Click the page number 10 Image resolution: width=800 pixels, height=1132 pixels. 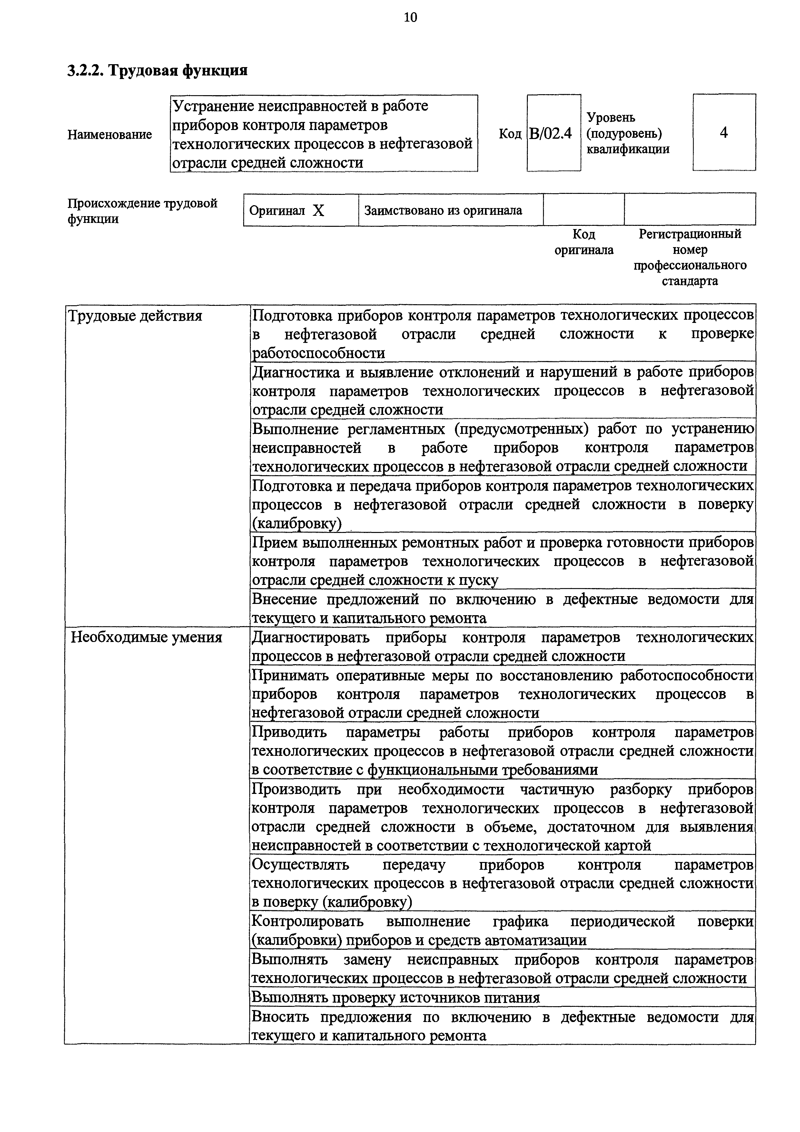coord(410,18)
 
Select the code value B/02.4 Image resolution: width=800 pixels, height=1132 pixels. coord(551,133)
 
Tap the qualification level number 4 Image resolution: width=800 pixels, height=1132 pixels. coord(723,133)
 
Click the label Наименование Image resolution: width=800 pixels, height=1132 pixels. coord(109,135)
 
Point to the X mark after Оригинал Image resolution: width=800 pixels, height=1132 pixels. coord(319,211)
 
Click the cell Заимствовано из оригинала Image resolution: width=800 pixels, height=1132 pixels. coord(443,211)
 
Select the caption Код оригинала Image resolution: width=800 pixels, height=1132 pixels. coord(584,242)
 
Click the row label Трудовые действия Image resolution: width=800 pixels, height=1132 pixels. coord(134,316)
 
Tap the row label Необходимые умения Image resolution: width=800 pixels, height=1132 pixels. coord(146,637)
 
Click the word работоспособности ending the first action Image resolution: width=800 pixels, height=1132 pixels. coord(319,353)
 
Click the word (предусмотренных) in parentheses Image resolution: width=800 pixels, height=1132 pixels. coord(521,429)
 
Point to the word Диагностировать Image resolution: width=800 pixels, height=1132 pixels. coord(311,637)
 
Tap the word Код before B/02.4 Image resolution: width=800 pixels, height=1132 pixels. coord(510,134)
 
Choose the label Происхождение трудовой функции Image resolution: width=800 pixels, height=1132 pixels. coord(142,211)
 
